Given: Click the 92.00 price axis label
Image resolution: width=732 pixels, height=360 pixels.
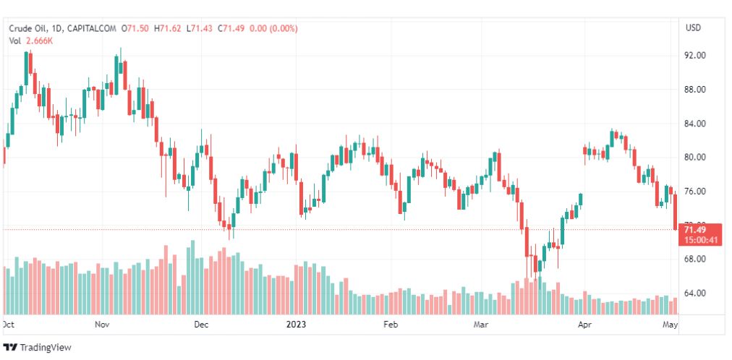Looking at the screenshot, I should tap(695, 56).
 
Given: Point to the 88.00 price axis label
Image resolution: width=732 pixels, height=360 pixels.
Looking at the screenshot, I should tap(695, 90).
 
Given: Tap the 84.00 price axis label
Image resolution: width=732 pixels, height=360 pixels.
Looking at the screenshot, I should tap(695, 124).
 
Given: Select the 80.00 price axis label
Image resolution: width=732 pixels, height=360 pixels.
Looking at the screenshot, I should tap(695, 158).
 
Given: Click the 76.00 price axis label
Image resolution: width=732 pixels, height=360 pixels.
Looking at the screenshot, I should tap(695, 192).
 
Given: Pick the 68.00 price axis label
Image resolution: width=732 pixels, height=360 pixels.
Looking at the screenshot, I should tap(695, 259).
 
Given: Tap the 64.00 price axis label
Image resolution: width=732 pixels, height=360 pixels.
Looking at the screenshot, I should tap(695, 293).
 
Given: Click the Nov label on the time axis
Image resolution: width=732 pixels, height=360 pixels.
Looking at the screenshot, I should tap(102, 325).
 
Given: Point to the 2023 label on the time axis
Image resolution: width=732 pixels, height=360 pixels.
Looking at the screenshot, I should tap(297, 325).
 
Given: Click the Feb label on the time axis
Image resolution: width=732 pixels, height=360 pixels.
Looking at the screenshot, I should tap(391, 325).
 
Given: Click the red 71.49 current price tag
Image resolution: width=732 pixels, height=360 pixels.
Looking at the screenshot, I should tap(699, 230).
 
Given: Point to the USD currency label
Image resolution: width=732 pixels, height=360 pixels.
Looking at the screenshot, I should tap(693, 28).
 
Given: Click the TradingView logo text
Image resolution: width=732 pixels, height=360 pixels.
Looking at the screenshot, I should tap(45, 348).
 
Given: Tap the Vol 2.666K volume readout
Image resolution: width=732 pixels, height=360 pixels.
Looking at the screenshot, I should tap(31, 40).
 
